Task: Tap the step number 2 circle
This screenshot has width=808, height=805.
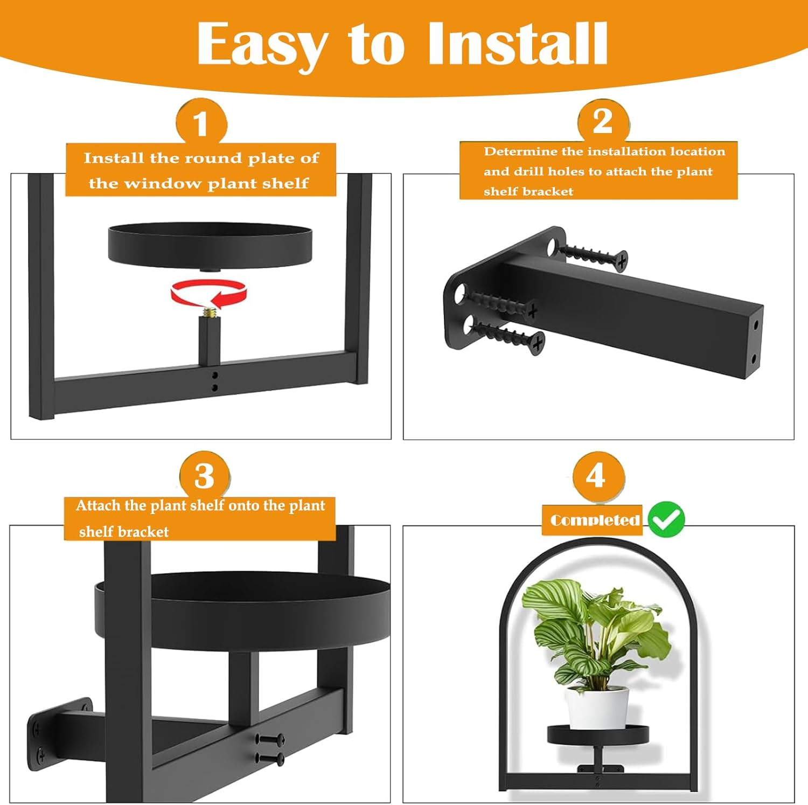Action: coord(603,122)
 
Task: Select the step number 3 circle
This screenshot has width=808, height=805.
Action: coord(205,475)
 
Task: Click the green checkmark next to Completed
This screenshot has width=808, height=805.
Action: coord(666,519)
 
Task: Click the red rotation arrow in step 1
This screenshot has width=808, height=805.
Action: coord(209,294)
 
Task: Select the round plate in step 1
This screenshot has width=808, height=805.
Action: coord(210,246)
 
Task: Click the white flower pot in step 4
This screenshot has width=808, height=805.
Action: coord(597,707)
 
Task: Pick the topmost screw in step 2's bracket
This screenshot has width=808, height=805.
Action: coord(593,254)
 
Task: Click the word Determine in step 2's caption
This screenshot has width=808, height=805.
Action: coord(520,151)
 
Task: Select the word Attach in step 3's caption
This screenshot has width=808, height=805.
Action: coord(98,505)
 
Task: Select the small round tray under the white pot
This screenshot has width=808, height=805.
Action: coord(598,735)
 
